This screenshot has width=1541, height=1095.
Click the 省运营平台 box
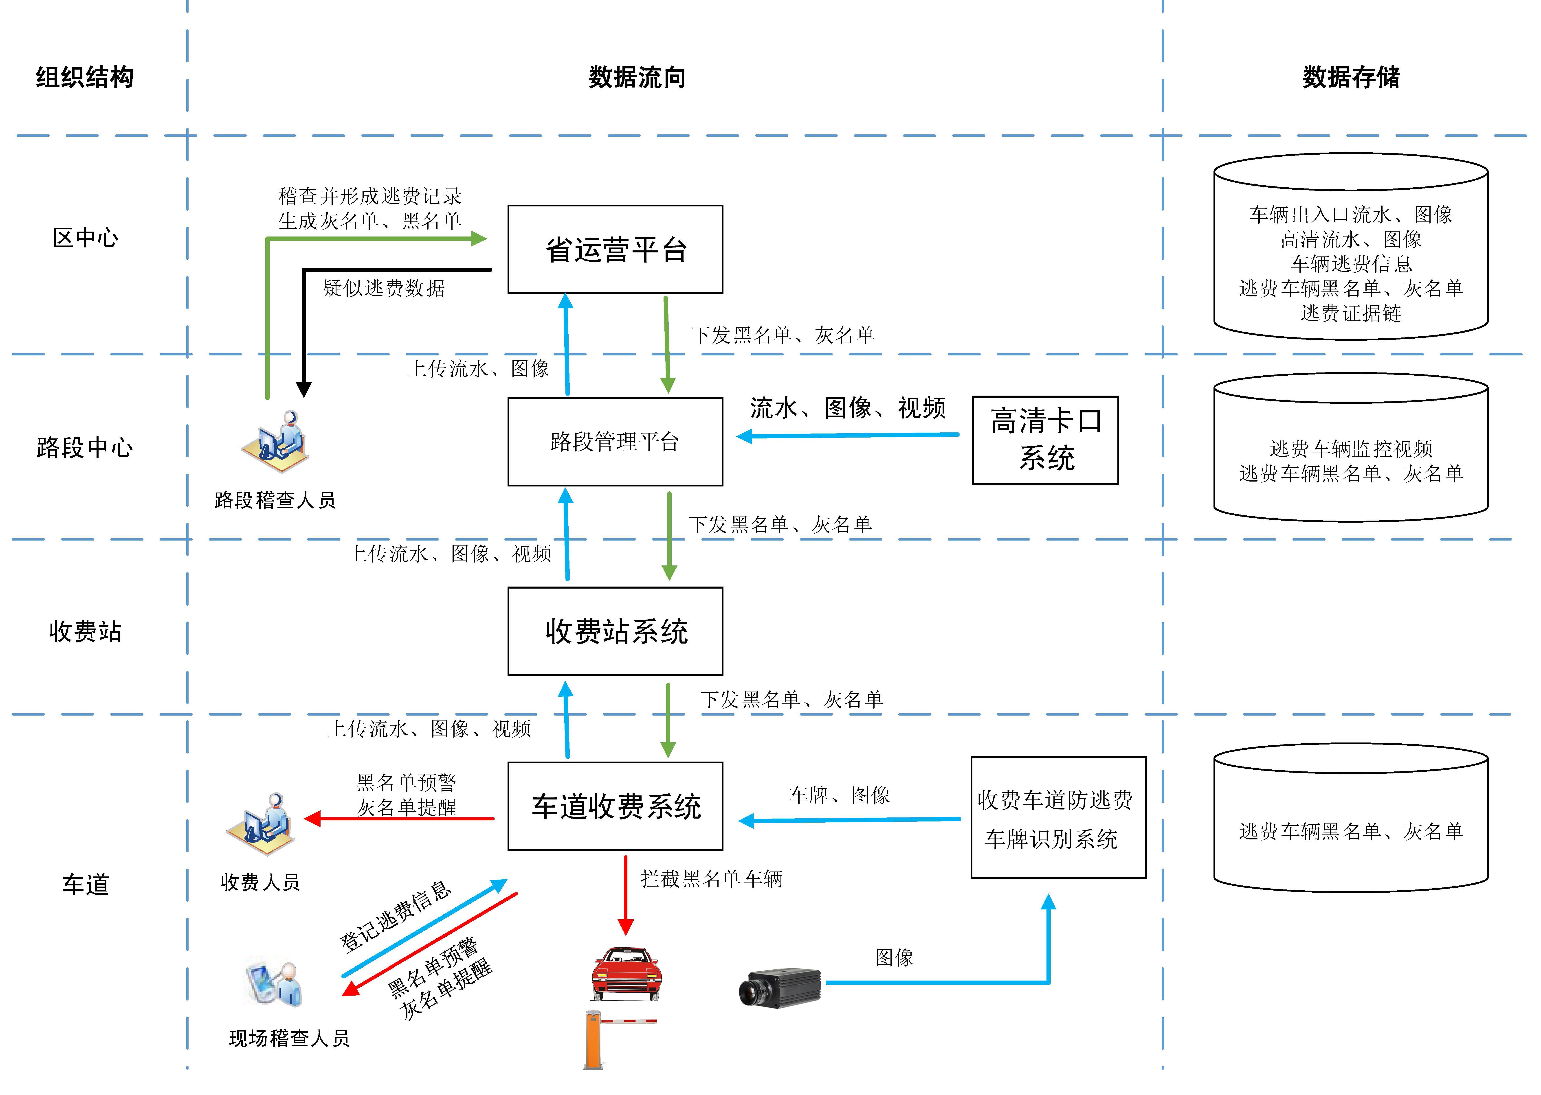pyautogui.click(x=615, y=250)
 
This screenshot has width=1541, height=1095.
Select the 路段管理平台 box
pyautogui.click(x=615, y=442)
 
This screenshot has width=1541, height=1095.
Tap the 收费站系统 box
pyautogui.click(x=615, y=631)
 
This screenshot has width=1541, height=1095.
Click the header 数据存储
pyautogui.click(x=1351, y=78)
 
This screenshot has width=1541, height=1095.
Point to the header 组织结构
pyautogui.click(x=85, y=78)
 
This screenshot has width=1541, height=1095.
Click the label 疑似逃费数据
pyautogui.click(x=384, y=289)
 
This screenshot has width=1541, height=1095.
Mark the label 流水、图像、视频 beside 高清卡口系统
pyautogui.click(x=848, y=408)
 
